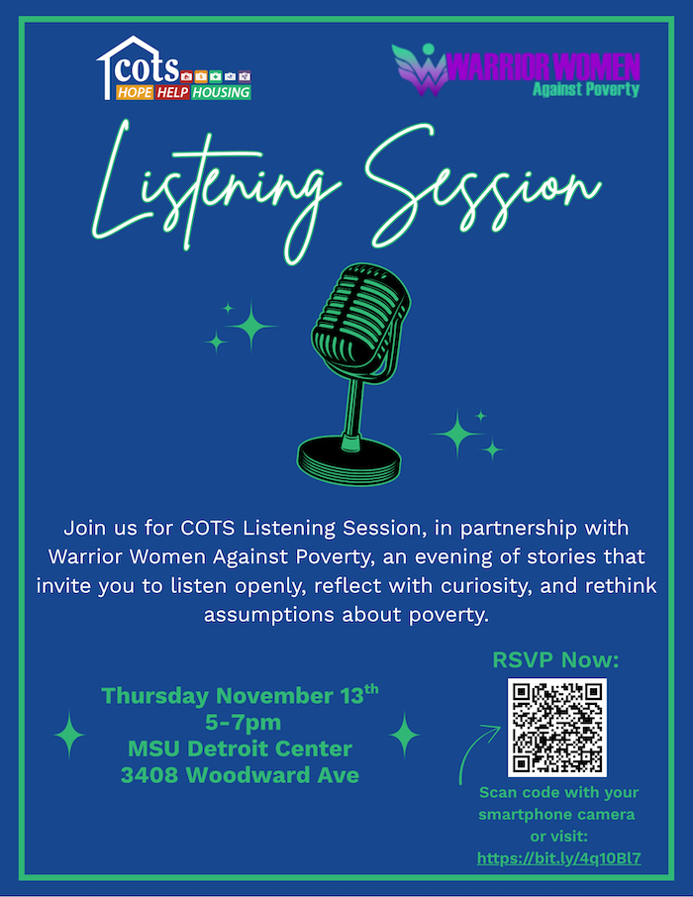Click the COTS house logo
[x=174, y=68]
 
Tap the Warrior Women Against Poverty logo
[x=516, y=70]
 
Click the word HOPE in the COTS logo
[x=135, y=92]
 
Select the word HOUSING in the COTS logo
[x=221, y=92]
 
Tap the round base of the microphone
[x=349, y=459]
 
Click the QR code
[x=556, y=727]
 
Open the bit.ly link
[x=559, y=858]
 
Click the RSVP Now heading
[x=555, y=659]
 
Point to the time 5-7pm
[x=244, y=723]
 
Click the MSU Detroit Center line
[x=240, y=748]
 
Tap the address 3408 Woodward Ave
[x=240, y=775]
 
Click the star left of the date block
[x=69, y=735]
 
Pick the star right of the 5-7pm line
[x=405, y=735]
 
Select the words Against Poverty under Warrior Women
[x=585, y=89]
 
